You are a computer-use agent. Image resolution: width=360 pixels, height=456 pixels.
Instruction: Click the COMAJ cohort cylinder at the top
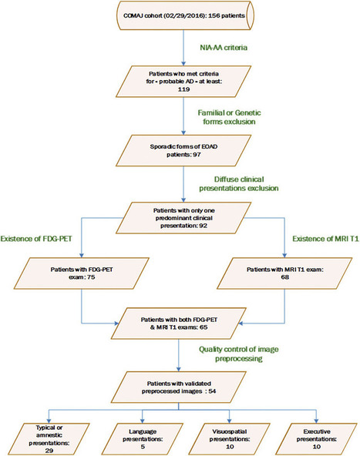[185, 15]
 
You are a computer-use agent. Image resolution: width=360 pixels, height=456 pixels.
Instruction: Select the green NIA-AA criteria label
[224, 48]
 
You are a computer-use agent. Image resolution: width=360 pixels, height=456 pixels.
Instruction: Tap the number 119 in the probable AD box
[183, 89]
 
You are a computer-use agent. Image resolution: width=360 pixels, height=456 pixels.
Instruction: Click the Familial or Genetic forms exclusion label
[229, 117]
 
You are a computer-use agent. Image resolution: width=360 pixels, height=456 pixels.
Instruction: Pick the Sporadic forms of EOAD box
[183, 151]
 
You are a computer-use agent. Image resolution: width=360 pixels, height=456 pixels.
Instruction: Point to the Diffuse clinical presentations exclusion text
[239, 184]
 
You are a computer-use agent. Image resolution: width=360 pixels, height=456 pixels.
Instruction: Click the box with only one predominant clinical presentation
[183, 218]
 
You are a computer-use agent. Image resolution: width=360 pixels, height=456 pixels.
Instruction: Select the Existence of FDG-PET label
[36, 239]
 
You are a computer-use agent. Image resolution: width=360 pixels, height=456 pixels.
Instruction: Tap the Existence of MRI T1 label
[325, 239]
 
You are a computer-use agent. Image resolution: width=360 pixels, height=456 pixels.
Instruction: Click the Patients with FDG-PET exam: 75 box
[82, 273]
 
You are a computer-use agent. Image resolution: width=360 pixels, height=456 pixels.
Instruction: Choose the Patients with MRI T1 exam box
[284, 273]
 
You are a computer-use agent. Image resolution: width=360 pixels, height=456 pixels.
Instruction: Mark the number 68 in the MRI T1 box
[285, 277]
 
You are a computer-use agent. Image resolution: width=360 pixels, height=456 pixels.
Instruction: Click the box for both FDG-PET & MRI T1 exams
[179, 324]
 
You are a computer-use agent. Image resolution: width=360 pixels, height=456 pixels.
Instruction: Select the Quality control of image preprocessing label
[239, 354]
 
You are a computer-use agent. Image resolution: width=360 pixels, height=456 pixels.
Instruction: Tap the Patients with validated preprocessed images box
[179, 387]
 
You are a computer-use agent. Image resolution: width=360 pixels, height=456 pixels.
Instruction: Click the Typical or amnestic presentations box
[49, 439]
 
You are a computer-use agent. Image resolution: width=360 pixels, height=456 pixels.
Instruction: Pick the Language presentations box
[143, 439]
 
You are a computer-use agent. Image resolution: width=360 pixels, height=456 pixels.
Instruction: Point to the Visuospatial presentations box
[229, 439]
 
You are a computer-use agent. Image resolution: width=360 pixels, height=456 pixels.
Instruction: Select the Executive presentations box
[316, 439]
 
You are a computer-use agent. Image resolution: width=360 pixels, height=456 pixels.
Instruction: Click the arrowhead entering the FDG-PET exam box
[82, 255]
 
